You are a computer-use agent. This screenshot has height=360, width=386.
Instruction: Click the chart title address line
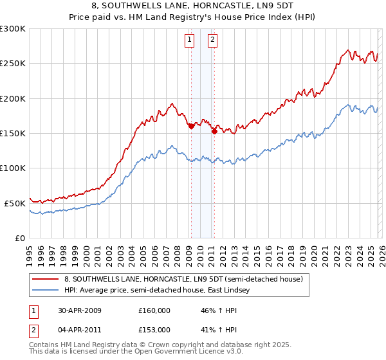(192, 6)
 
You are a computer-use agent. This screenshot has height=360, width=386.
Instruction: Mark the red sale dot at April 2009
(192, 127)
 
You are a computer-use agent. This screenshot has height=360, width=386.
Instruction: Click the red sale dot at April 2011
(214, 131)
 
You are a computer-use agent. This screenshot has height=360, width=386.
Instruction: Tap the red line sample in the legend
(46, 280)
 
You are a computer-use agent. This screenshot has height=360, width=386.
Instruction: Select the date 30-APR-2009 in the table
(79, 310)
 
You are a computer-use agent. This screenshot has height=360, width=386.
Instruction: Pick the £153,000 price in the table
(154, 329)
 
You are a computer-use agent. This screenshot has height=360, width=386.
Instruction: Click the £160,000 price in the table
(154, 310)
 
